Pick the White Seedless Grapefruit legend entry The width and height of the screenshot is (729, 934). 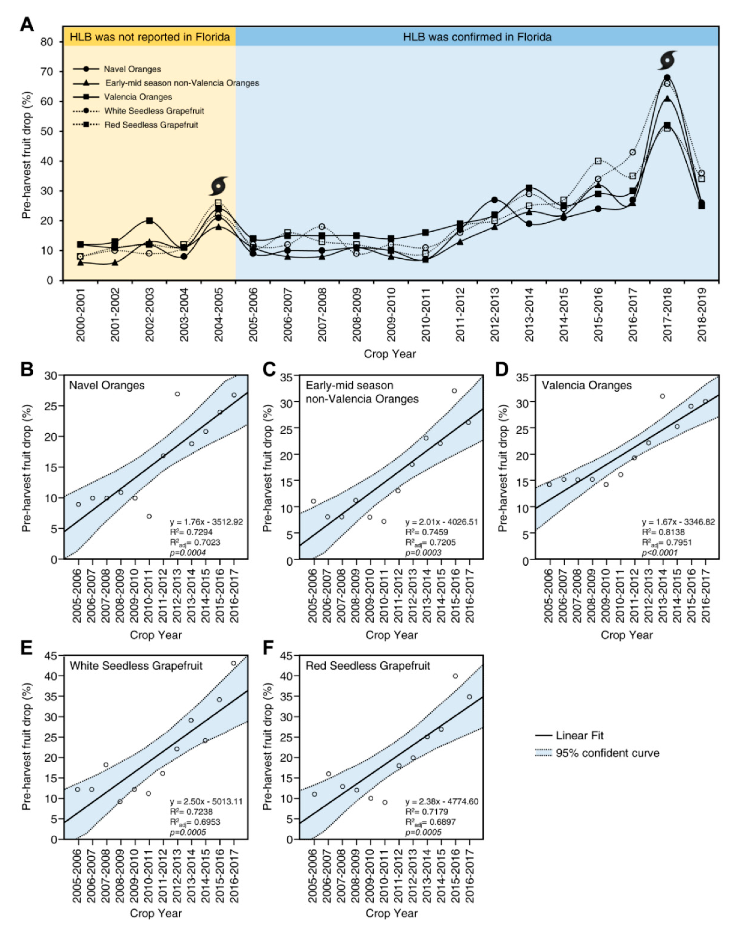click(154, 111)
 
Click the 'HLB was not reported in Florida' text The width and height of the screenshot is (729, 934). click(150, 37)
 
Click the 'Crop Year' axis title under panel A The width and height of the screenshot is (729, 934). click(389, 354)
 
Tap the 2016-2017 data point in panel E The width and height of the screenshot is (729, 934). click(234, 663)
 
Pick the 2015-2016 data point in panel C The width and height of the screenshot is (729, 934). click(454, 391)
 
